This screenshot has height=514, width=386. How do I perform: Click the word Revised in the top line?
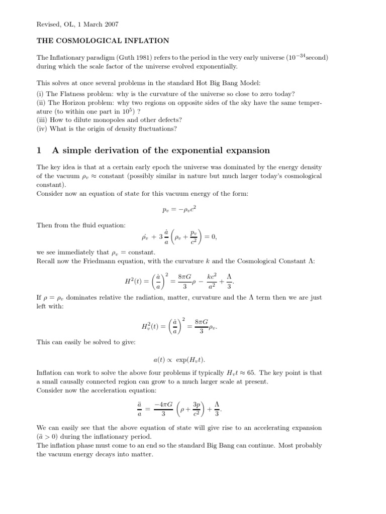(48, 24)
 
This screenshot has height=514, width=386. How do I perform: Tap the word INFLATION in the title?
(146, 41)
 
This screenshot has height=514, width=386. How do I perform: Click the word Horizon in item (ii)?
(76, 102)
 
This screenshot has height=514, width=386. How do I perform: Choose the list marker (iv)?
(42, 128)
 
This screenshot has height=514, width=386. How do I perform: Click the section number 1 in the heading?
(40, 151)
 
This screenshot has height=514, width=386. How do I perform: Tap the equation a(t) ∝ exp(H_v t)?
(179, 359)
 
